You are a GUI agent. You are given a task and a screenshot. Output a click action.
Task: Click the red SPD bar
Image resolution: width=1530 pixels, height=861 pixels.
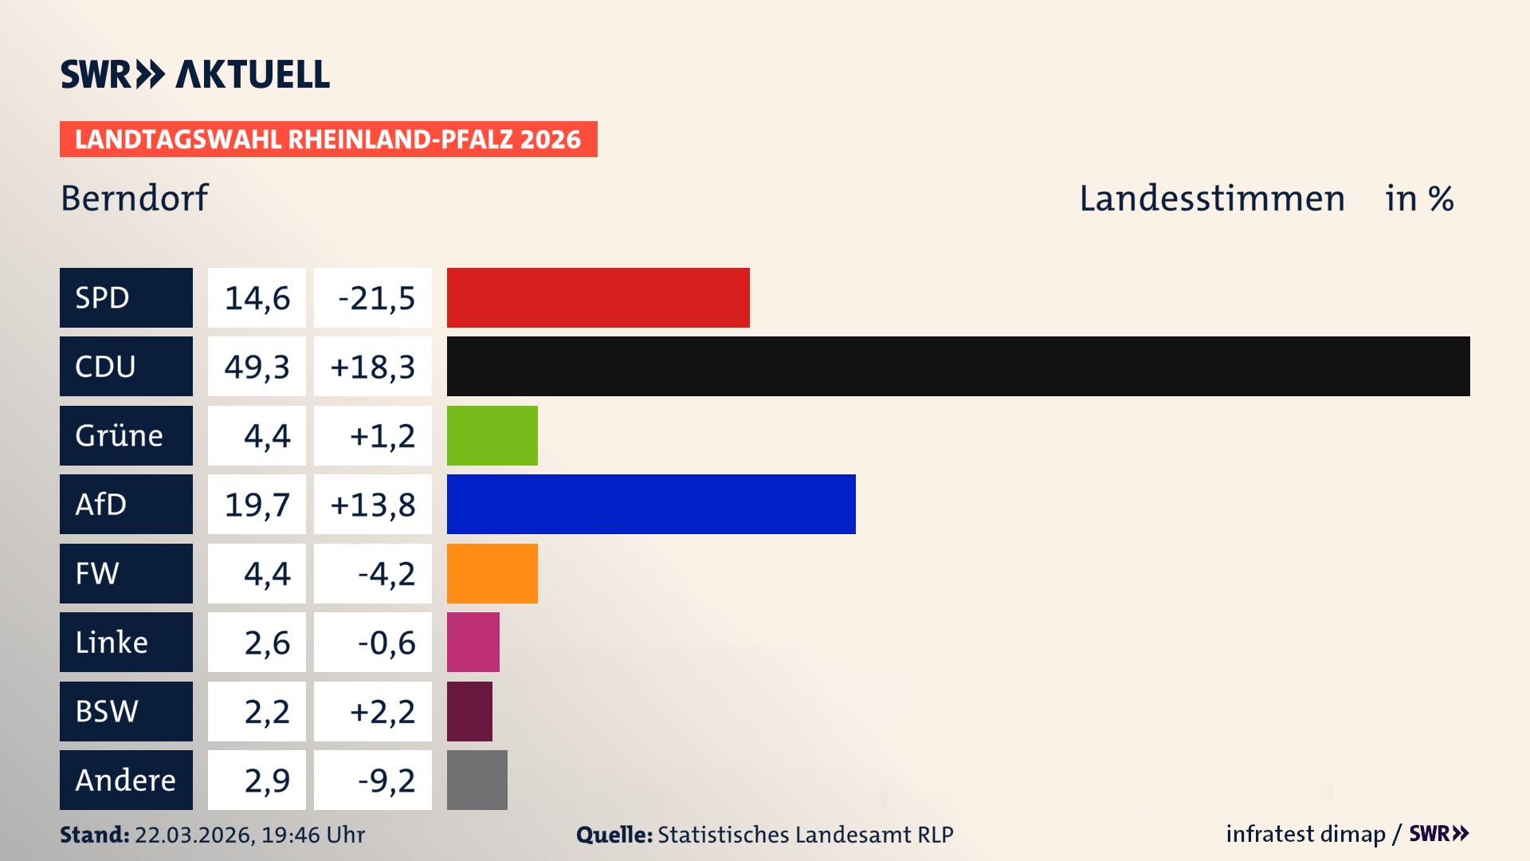[x=598, y=297]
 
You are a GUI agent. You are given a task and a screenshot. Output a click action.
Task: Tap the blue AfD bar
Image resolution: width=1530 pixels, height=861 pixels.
[x=651, y=504]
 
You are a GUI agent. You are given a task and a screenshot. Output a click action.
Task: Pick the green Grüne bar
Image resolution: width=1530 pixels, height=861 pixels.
[x=492, y=435]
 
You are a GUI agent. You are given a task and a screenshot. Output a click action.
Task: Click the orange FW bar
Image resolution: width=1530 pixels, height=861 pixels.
[x=492, y=573]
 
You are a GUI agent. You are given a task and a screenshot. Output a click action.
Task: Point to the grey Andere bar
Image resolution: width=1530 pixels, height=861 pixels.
[x=477, y=780]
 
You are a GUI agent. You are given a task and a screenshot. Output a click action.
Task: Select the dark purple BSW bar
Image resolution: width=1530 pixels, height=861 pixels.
[x=469, y=711]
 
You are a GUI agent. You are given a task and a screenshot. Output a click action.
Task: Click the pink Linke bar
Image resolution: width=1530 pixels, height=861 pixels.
[x=473, y=642]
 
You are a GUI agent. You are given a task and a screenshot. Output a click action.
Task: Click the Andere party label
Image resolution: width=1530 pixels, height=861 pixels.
[x=126, y=780]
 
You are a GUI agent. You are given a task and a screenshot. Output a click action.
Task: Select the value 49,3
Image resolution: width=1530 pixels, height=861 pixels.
[x=257, y=367]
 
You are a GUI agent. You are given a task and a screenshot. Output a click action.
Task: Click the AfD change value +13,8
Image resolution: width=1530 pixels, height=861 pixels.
[x=373, y=505]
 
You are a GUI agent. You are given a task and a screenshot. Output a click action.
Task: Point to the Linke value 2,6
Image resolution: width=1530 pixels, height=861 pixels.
[x=266, y=643]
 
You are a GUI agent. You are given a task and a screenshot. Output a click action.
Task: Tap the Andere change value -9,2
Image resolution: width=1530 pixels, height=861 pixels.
[x=386, y=780]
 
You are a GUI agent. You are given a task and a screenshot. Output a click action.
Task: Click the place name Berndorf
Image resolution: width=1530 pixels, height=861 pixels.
[x=134, y=198]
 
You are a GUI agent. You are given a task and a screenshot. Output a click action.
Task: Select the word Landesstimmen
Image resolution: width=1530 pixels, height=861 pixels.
[x=1211, y=198]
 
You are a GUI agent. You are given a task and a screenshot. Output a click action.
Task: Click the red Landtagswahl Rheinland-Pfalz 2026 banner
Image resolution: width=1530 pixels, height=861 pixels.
[x=328, y=139]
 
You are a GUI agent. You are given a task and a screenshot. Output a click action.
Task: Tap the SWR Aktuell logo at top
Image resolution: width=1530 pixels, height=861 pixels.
[x=194, y=74]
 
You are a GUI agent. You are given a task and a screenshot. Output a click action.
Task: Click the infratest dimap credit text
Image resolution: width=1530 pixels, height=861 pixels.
[x=1305, y=834]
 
